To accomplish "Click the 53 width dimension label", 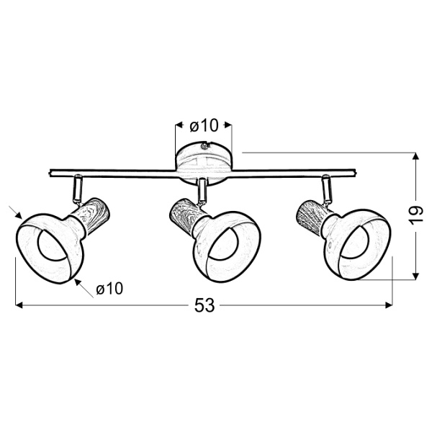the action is point(204,305).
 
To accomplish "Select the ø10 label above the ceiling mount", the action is point(204,126).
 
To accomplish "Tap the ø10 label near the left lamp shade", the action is point(109,289).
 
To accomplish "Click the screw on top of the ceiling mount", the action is point(204,145).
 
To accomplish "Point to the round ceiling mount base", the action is point(203,163).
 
